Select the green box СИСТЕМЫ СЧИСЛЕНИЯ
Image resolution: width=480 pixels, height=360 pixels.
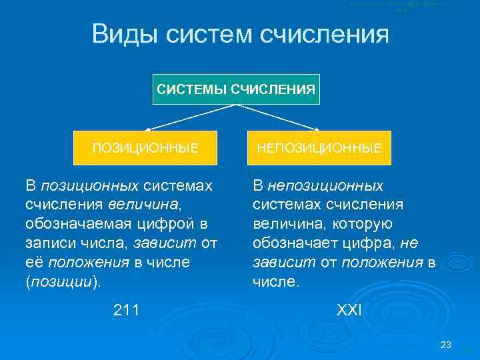236,87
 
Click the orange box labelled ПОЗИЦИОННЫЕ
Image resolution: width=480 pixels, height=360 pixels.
145,147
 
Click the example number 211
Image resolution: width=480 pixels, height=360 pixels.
126,309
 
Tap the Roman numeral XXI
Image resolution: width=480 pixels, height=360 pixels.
348,309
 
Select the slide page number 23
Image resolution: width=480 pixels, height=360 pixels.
446,345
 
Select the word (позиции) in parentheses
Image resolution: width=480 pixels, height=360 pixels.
64,281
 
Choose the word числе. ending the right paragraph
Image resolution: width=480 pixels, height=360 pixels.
276,281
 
